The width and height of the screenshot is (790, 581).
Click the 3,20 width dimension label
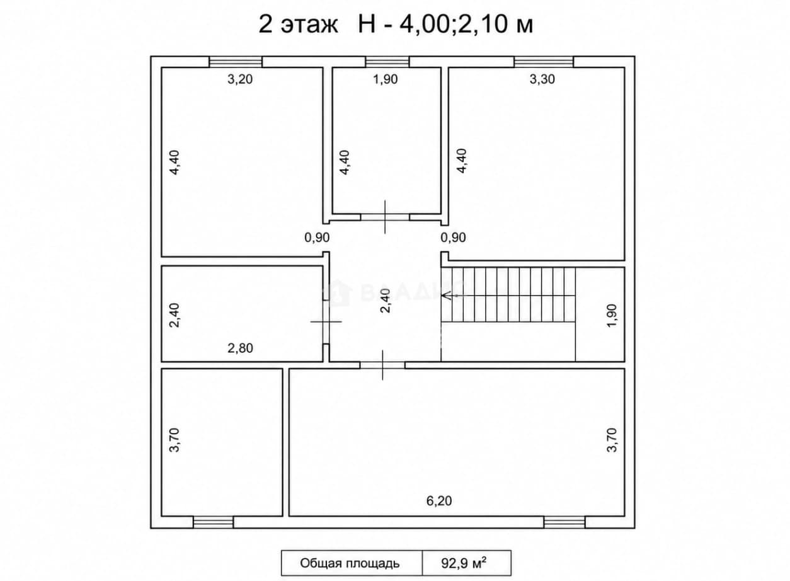click(x=240, y=79)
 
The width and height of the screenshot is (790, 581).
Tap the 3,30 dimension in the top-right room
click(x=542, y=79)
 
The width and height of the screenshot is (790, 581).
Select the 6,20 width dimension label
click(x=439, y=500)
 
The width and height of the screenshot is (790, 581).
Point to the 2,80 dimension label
click(x=240, y=348)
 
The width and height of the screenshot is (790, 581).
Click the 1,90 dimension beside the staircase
click(x=612, y=315)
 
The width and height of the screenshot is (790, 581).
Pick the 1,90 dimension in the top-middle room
click(x=386, y=79)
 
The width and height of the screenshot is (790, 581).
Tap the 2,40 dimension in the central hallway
click(x=386, y=301)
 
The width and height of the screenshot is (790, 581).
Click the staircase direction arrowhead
click(x=446, y=296)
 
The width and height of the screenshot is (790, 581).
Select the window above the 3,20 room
click(x=236, y=62)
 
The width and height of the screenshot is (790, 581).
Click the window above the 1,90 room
click(x=387, y=62)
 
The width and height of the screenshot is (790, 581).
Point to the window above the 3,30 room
click(x=544, y=62)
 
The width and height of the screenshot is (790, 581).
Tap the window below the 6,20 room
click(x=564, y=522)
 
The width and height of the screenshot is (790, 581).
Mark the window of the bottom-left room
click(x=214, y=522)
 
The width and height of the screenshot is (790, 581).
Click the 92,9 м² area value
click(x=464, y=563)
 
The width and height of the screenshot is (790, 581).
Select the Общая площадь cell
click(x=352, y=563)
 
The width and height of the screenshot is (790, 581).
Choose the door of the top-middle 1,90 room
click(x=385, y=217)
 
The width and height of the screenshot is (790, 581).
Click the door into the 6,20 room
click(x=382, y=365)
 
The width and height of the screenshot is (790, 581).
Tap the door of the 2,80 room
click(x=326, y=322)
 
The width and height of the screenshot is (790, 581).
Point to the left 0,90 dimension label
click(x=317, y=238)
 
